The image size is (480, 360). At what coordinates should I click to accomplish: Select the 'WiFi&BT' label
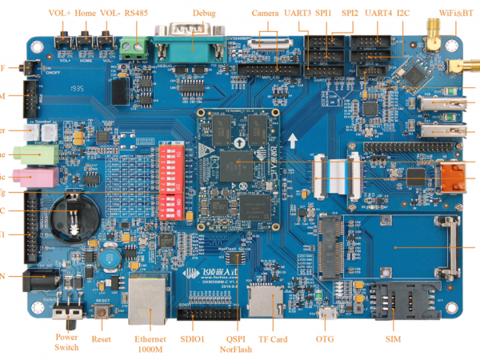pos(457,13)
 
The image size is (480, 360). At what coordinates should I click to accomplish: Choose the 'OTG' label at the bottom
pos(325,340)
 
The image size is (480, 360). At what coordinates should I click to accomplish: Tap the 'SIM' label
pos(393,340)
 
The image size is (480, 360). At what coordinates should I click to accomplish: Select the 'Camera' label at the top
pos(265,13)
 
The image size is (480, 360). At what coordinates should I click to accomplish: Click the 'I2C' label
pos(402,13)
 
